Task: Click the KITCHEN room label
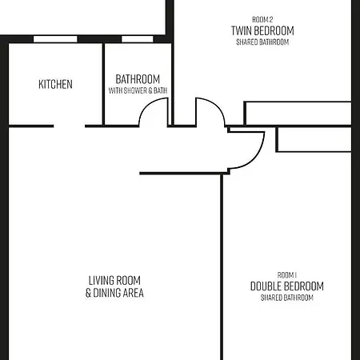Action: pos(55,84)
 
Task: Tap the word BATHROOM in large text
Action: pos(138,79)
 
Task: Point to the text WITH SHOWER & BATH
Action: pos(138,90)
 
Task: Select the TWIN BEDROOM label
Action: pos(262,30)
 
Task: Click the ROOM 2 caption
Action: pos(262,19)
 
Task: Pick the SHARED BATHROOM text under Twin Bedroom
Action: pos(262,42)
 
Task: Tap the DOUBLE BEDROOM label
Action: pos(287,286)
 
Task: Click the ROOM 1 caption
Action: pos(287,275)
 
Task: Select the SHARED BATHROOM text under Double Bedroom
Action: pos(287,298)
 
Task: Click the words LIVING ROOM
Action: pos(114,281)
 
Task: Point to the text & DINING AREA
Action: pos(114,293)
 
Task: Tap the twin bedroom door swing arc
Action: pos(217,106)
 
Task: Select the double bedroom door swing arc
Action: pos(255,158)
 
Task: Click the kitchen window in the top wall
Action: pos(55,39)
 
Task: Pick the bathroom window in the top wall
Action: pos(138,39)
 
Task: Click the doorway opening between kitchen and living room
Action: pos(70,126)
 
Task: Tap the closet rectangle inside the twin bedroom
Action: pos(298,113)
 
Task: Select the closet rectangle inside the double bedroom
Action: pos(314,139)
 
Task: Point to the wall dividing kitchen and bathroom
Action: pos(103,84)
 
